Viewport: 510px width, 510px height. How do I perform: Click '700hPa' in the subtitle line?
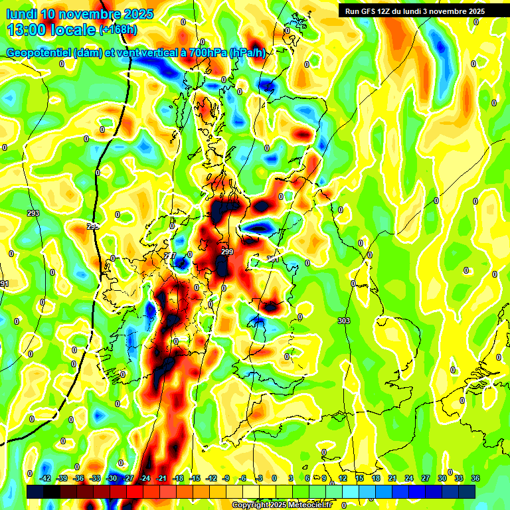click(205, 53)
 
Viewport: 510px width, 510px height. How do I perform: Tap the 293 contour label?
click(33, 213)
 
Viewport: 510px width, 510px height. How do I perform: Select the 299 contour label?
click(227, 252)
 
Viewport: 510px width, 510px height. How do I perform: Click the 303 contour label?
click(343, 321)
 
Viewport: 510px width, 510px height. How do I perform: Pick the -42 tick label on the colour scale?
click(46, 478)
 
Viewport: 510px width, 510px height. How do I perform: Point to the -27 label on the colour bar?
click(129, 478)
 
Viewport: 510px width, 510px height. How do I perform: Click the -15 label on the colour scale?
click(195, 478)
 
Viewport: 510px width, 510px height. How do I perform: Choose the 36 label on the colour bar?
click(475, 478)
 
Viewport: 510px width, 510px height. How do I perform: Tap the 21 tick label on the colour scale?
click(392, 478)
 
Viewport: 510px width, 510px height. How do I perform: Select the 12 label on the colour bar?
click(343, 478)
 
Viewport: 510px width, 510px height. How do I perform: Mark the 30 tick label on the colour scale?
click(442, 478)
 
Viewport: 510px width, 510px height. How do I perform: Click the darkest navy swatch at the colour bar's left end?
click(35, 491)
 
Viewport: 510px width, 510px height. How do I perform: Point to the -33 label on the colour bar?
click(96, 478)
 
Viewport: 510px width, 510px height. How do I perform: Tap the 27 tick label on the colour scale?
click(426, 478)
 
